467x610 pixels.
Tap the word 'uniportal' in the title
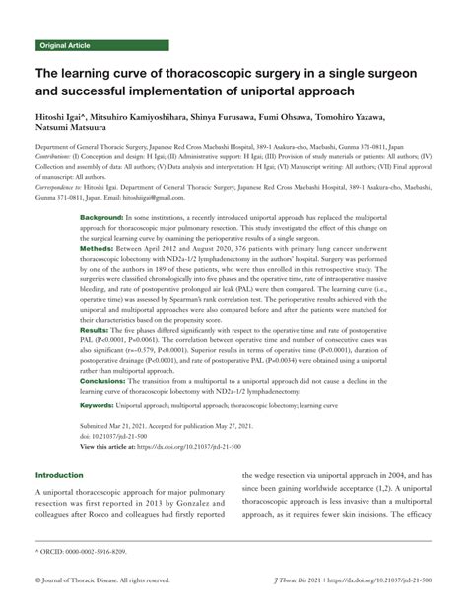[303, 92]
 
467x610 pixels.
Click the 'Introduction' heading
[61, 474]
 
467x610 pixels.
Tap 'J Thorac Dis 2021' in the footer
[298, 582]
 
